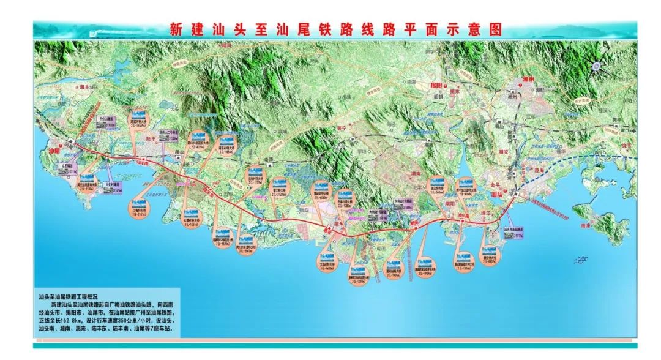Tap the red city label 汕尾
coord(56,150)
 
